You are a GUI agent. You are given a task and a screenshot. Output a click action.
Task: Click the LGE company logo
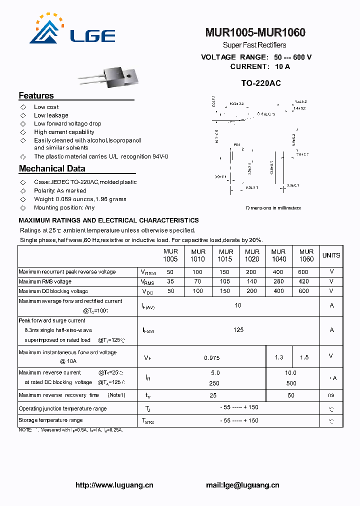click(72, 30)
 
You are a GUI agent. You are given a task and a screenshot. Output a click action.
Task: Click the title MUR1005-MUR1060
click(255, 33)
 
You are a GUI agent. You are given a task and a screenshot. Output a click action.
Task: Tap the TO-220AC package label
click(260, 83)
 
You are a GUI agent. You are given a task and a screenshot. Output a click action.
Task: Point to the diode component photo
click(107, 77)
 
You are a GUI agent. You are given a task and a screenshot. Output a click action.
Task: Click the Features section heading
click(36, 95)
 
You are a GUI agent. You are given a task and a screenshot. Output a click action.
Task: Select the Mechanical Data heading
click(52, 168)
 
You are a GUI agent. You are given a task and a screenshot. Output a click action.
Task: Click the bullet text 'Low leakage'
click(51, 115)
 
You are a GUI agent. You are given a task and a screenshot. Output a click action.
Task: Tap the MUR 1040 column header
click(278, 255)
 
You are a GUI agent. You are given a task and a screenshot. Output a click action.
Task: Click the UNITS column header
click(331, 255)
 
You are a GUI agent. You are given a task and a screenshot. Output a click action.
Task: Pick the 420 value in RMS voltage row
click(303, 281)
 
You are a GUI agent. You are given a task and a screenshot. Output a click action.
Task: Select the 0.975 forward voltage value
click(211, 358)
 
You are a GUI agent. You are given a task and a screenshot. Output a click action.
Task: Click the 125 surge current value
click(238, 330)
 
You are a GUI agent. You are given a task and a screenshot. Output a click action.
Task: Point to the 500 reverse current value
click(291, 383)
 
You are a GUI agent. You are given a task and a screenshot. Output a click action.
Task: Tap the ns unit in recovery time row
click(331, 395)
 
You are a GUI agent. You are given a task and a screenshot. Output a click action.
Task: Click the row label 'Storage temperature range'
click(50, 420)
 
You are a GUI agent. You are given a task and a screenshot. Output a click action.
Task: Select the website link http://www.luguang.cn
click(114, 485)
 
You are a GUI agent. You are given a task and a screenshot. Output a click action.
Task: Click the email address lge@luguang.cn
click(242, 485)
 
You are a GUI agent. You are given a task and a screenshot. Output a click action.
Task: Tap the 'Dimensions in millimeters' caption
click(273, 208)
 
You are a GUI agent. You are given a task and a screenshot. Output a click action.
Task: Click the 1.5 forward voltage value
click(304, 357)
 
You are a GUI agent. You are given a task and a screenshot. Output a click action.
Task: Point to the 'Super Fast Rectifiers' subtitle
click(254, 45)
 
